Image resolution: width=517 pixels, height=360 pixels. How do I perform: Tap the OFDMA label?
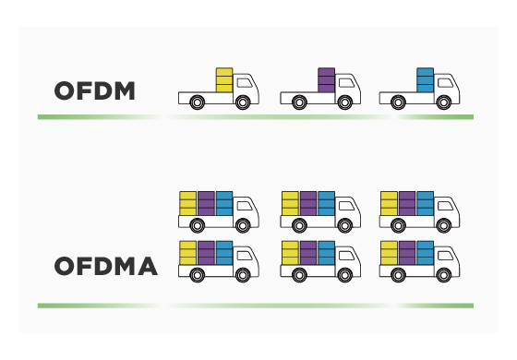click(105, 268)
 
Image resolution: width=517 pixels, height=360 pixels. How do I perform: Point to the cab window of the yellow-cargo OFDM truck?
click(245, 82)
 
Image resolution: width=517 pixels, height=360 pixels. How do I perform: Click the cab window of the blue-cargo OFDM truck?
click(445, 82)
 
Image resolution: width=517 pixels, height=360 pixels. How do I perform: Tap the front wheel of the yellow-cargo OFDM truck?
click(242, 103)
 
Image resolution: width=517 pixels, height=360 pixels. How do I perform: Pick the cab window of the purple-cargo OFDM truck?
click(345, 82)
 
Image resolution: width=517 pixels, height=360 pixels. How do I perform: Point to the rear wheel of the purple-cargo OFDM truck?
click(299, 103)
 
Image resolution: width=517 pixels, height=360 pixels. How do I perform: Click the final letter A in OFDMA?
click(146, 268)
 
